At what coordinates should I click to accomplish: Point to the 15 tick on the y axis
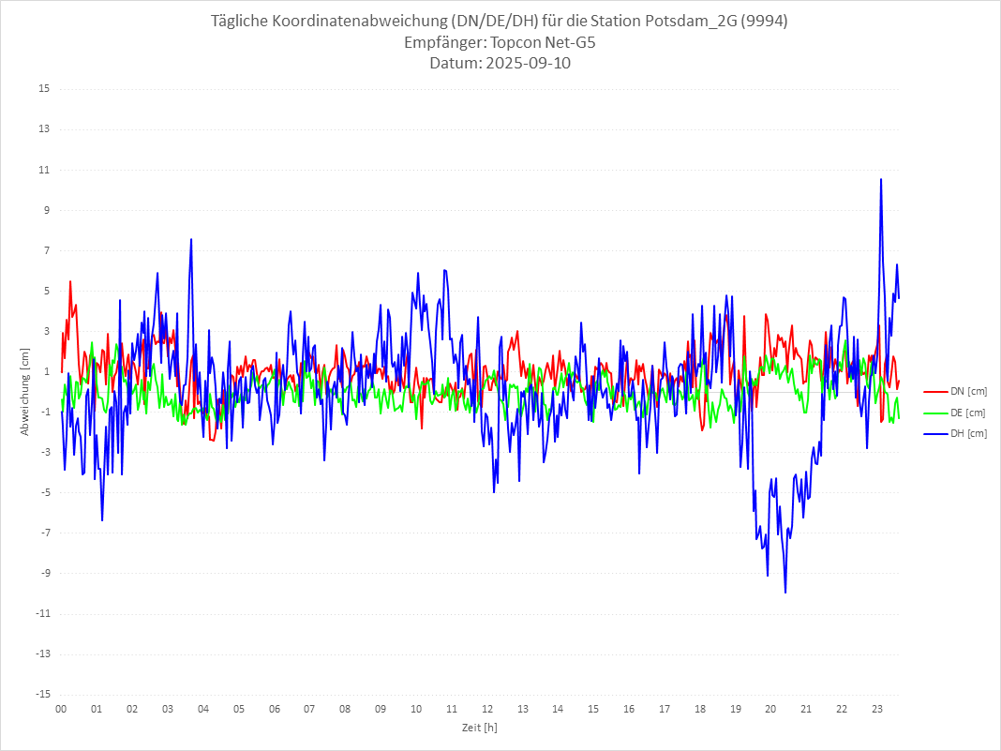pos(44,89)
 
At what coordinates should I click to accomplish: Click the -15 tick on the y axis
pos(42,695)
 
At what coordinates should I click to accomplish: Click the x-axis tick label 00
pos(61,709)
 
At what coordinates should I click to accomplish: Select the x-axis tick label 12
pos(487,709)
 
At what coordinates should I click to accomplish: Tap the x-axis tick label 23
pos(877,709)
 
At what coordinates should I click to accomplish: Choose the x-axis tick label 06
pos(274,709)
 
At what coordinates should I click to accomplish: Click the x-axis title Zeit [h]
pos(479,727)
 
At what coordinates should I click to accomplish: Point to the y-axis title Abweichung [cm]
pos(25,392)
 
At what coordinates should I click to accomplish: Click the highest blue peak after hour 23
pos(881,179)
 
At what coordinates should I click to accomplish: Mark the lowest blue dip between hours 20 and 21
pos(785,593)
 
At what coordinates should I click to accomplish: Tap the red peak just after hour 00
pos(70,281)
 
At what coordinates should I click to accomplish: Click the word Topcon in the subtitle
pos(516,43)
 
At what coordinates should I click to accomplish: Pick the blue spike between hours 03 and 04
pos(191,239)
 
